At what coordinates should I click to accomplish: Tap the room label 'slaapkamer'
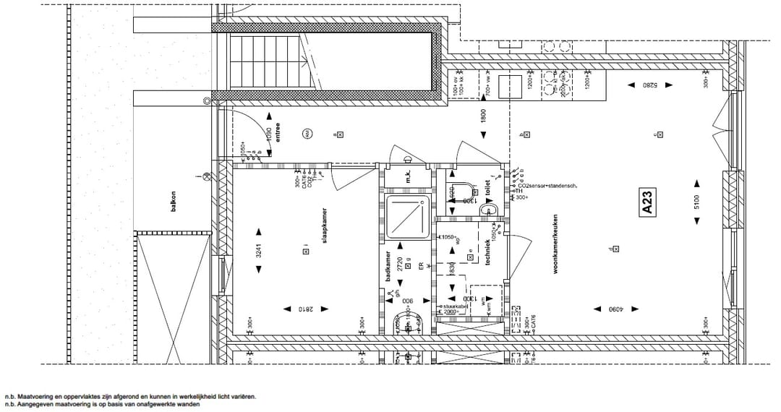tap(326, 228)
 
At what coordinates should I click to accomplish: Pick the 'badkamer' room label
tap(388, 268)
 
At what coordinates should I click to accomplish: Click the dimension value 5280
tap(628, 85)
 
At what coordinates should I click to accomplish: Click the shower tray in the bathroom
tap(406, 216)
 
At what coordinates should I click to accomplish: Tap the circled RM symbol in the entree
tap(307, 134)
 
